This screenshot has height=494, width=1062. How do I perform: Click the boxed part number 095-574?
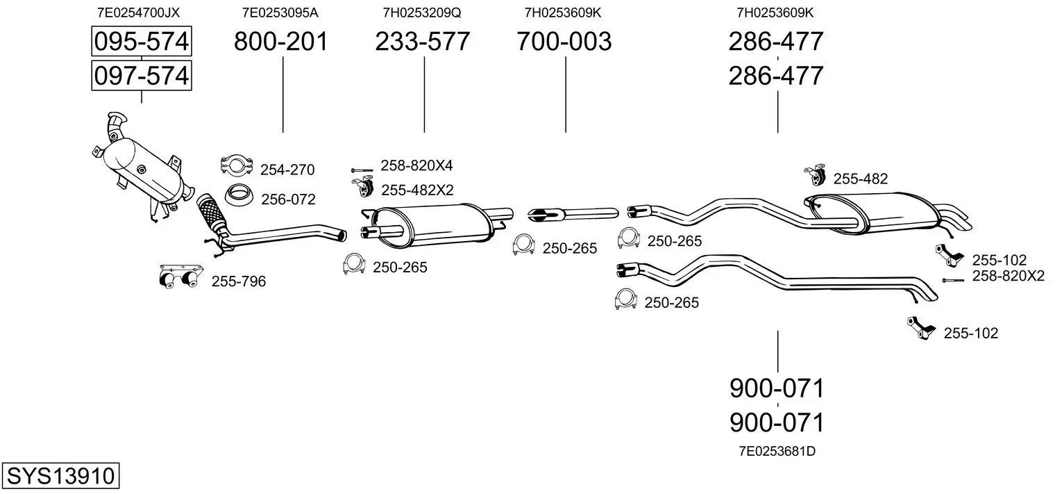[142, 41]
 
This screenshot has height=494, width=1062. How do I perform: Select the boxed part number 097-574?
[142, 76]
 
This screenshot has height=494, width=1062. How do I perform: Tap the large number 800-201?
[281, 41]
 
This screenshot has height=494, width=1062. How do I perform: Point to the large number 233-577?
[423, 41]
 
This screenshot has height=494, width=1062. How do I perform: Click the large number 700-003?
[564, 41]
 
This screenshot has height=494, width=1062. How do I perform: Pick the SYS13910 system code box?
[60, 475]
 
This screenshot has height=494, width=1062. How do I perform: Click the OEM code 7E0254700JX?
[138, 13]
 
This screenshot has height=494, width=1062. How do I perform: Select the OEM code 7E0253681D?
[777, 451]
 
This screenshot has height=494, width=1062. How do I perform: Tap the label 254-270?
[287, 170]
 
